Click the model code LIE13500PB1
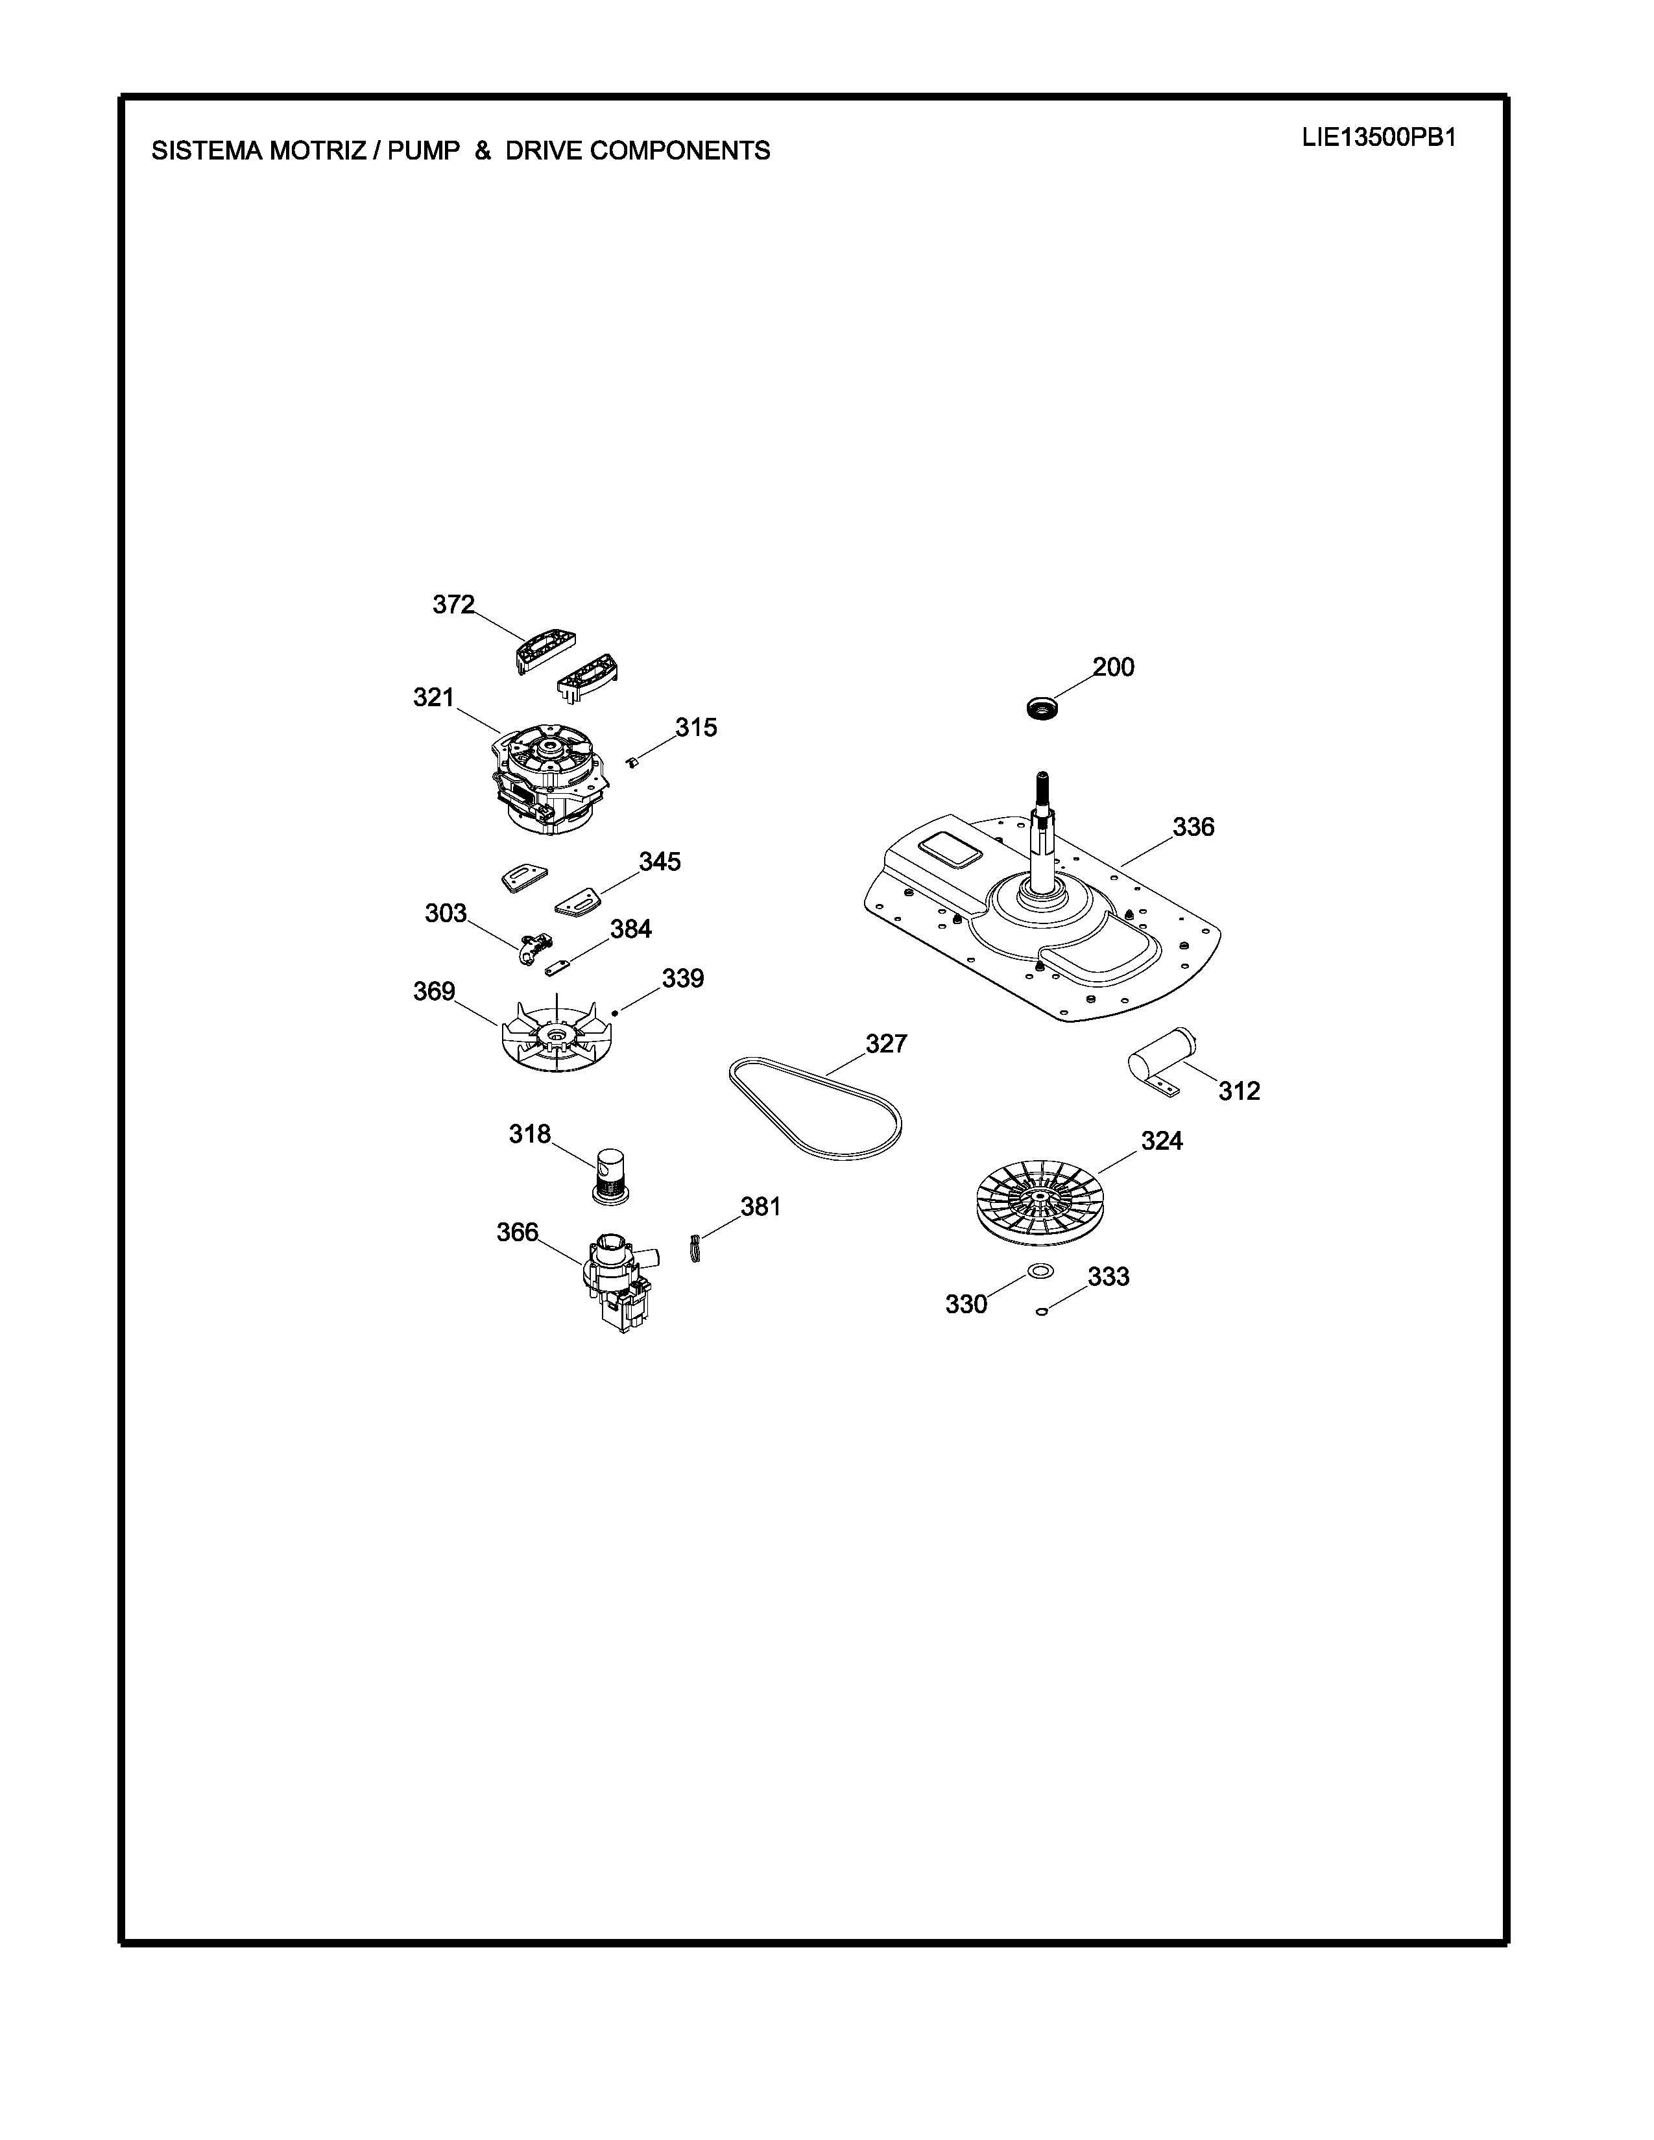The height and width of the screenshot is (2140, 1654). click(1379, 137)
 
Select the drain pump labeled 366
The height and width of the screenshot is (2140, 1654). click(616, 1283)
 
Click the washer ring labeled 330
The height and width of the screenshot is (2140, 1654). click(1040, 1272)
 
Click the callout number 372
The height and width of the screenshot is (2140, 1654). click(453, 604)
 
